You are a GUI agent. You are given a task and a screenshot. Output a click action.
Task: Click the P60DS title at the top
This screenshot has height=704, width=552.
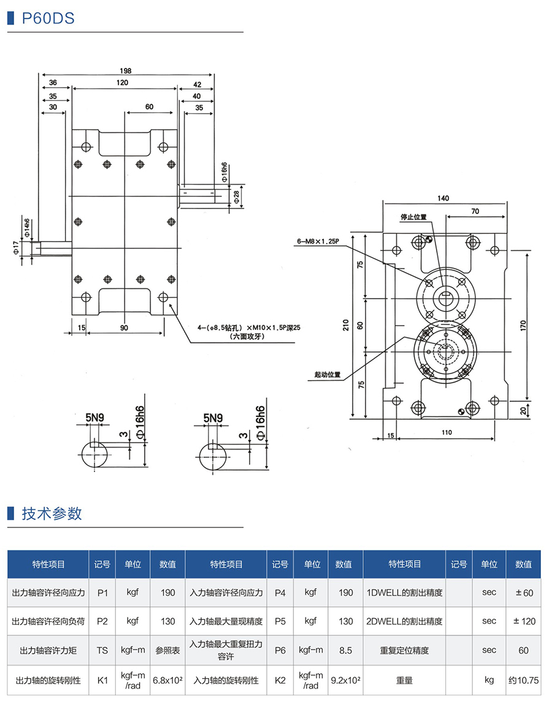coord(48,18)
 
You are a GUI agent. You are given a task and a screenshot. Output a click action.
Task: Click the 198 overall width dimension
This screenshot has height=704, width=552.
coord(126,71)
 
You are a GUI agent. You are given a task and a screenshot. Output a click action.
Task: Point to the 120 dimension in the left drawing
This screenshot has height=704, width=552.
coord(122,83)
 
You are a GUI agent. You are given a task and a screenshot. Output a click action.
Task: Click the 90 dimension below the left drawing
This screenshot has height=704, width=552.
coord(125,328)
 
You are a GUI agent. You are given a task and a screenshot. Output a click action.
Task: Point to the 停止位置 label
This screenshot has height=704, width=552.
coord(413,217)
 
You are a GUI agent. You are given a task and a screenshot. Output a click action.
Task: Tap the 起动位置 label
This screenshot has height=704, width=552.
coord(327,375)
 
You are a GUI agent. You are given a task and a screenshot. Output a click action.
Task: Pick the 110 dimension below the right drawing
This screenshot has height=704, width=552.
coord(446,432)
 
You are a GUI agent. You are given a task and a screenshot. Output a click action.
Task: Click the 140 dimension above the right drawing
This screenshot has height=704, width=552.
coord(444,198)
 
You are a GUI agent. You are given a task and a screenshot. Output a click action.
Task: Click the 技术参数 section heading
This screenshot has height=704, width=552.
coord(52,513)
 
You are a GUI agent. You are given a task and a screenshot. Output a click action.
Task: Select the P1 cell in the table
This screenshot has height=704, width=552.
coord(102,592)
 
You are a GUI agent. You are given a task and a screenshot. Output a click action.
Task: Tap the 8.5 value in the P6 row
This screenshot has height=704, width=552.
coord(346,650)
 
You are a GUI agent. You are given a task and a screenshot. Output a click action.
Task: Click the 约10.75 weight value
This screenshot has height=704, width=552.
coord(523,680)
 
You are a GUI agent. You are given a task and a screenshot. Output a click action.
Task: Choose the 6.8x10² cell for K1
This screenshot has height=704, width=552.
coord(167,680)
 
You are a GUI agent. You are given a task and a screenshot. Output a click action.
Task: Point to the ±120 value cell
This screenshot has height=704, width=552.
coord(523,621)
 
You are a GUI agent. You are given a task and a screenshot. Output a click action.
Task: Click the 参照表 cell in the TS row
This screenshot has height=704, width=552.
coord(167,650)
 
